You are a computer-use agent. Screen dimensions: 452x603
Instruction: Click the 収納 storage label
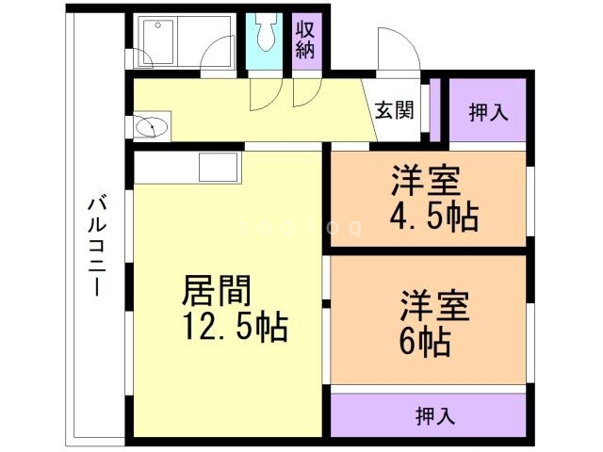tap(306, 39)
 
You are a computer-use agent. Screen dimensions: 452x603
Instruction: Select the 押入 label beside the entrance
tap(488, 111)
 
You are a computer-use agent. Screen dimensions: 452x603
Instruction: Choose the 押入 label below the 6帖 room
tap(435, 414)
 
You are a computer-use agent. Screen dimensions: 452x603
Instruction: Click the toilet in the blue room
tap(264, 36)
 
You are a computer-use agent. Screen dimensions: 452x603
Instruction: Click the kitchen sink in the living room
tap(220, 170)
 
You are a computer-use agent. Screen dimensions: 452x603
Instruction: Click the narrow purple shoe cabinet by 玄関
tap(434, 109)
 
